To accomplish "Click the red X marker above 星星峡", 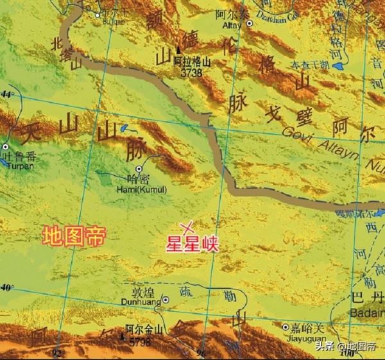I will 187,227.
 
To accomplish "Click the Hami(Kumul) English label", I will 142,189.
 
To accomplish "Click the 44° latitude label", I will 7,94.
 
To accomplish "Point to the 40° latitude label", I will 7,287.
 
